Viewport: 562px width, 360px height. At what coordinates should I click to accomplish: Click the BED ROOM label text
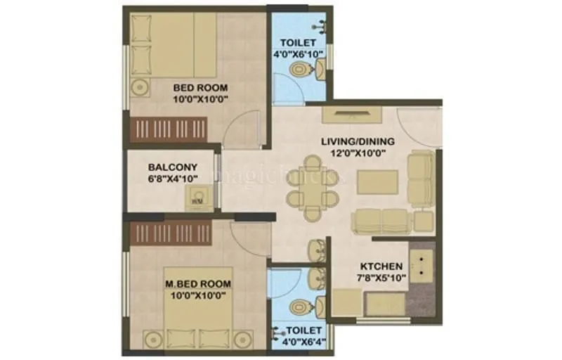[201, 88]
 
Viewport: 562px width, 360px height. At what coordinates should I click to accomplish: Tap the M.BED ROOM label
[199, 283]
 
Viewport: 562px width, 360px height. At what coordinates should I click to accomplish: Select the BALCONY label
[172, 167]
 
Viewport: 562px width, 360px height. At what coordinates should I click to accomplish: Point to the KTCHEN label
[381, 266]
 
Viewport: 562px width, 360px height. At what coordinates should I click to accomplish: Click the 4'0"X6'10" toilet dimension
[300, 53]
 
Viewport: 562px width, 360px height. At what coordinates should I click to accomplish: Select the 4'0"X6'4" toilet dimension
[303, 342]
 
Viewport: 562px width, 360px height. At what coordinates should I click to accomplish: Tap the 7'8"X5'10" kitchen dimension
[381, 278]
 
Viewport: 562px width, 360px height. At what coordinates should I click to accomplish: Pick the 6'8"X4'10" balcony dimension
[172, 179]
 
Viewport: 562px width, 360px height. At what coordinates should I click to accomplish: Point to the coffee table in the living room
[377, 182]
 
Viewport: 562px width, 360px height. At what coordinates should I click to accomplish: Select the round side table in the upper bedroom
[138, 89]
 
